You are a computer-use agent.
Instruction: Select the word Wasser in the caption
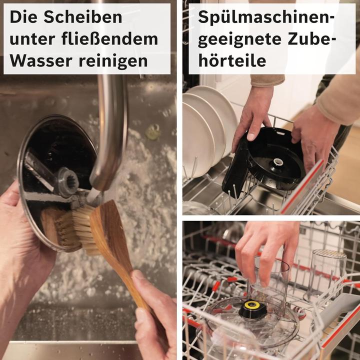(38, 61)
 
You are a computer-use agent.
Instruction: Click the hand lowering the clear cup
(267, 245)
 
